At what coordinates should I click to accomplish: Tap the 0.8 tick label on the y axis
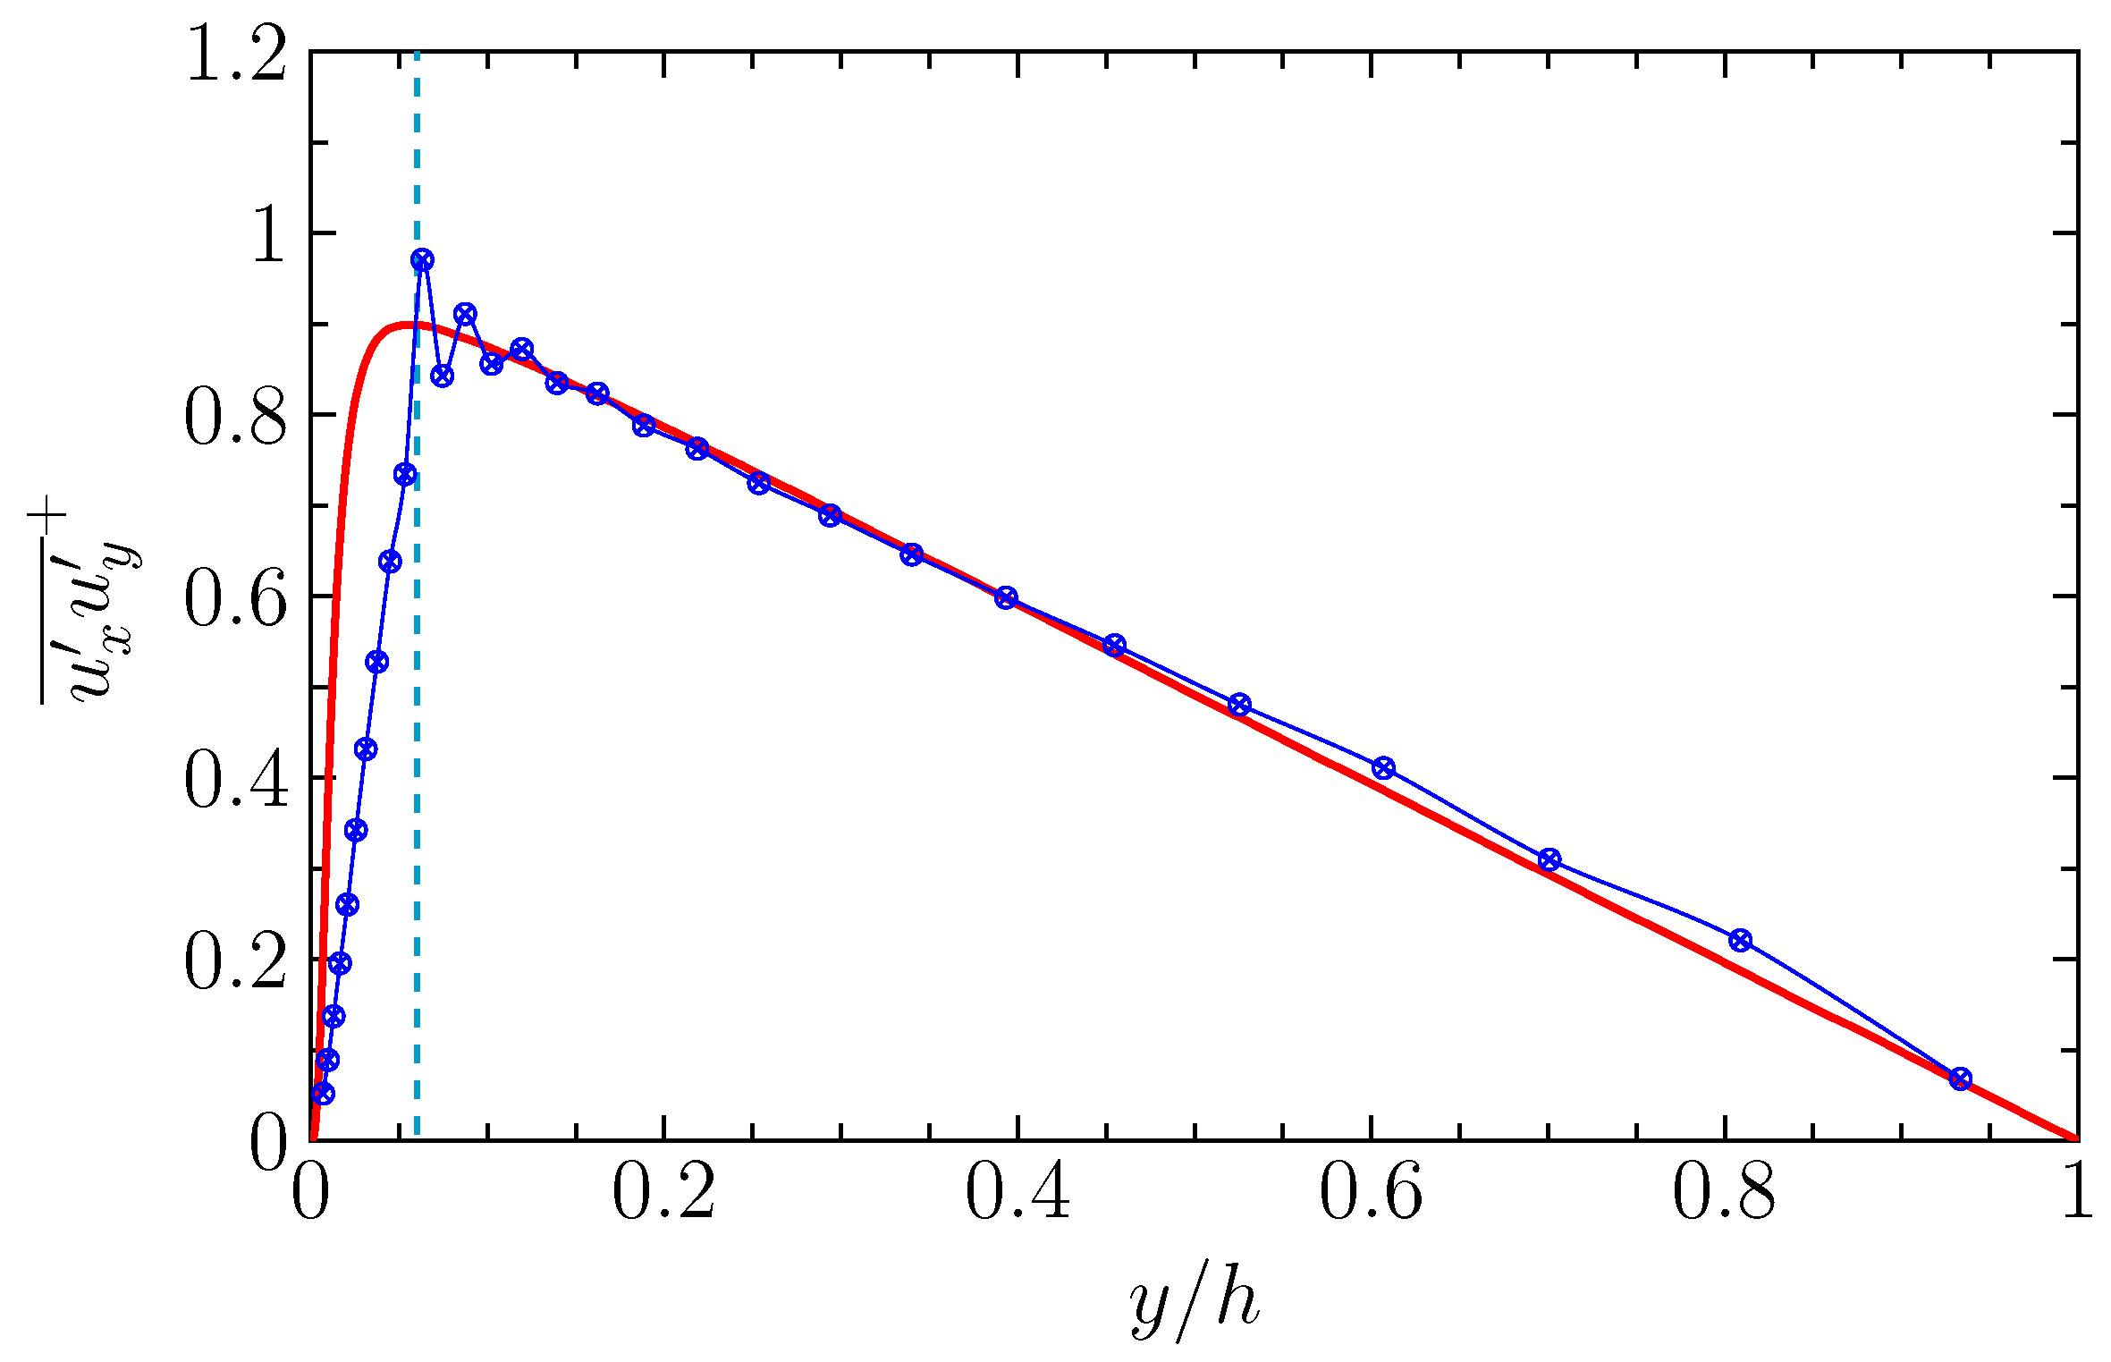236,419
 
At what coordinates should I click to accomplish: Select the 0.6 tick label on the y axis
236,599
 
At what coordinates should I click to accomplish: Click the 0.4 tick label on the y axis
236,781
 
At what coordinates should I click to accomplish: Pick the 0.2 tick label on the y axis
236,962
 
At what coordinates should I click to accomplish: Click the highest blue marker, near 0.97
422,260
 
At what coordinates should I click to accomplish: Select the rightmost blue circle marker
1961,1079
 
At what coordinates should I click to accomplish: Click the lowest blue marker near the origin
323,1094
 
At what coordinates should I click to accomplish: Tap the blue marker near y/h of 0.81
1740,940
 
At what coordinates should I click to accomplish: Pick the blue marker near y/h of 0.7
1549,859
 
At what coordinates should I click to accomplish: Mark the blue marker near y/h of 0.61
1383,767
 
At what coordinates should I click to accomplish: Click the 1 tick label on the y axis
268,238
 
